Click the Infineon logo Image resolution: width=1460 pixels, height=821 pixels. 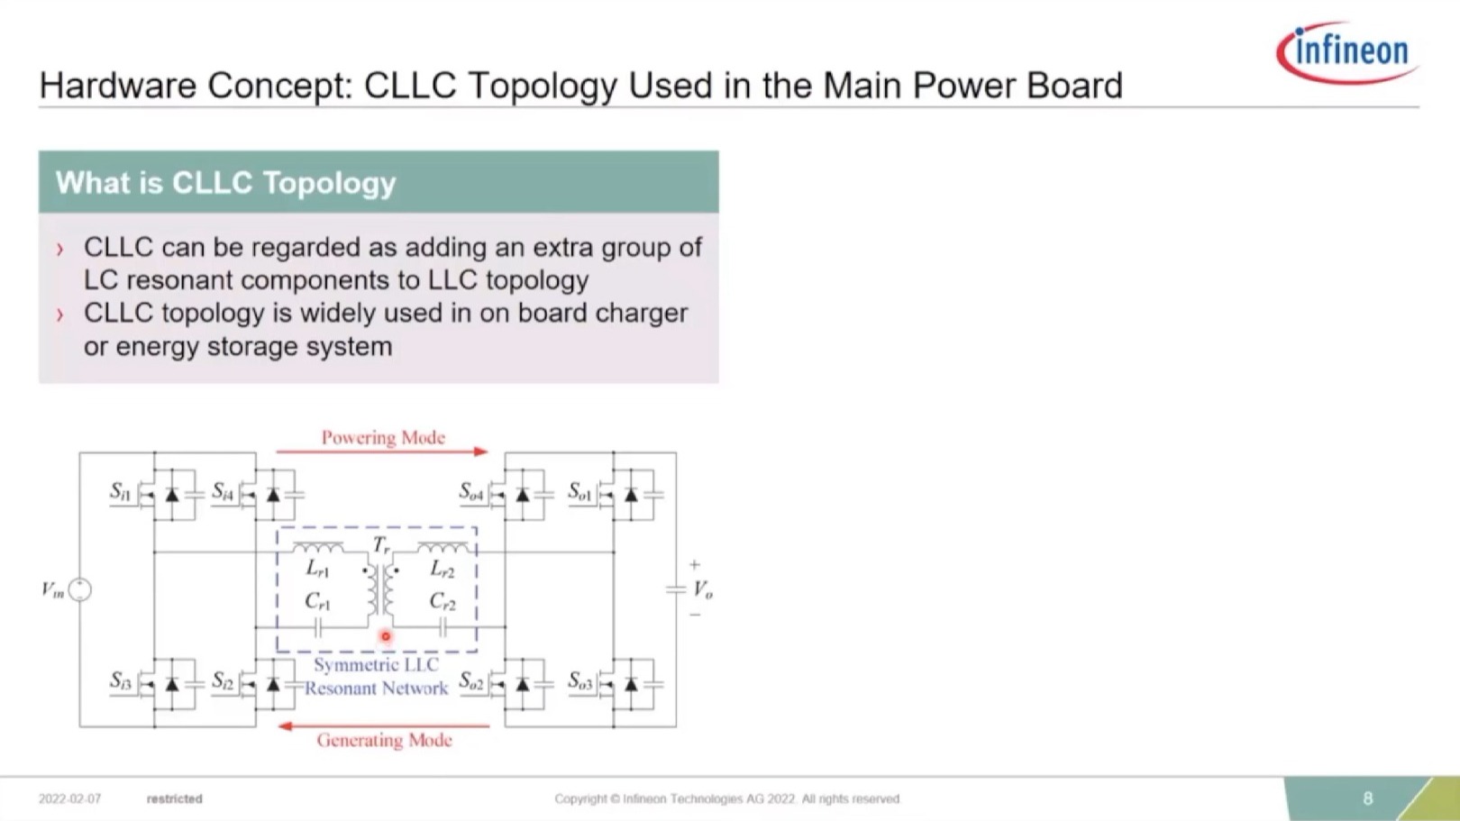click(x=1348, y=52)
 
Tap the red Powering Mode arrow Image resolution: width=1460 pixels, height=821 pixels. click(x=382, y=451)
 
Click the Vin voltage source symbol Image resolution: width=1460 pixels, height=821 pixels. click(x=79, y=589)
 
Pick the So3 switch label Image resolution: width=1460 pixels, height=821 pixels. click(x=580, y=680)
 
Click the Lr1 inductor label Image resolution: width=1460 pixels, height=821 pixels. click(x=317, y=569)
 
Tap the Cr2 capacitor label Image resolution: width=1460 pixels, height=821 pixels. click(x=443, y=601)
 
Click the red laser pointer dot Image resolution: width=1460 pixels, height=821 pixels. click(x=386, y=636)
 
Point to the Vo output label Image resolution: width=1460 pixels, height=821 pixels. click(x=703, y=589)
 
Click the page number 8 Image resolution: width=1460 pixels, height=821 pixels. click(x=1368, y=798)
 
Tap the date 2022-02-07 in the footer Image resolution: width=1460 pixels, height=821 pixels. click(x=69, y=798)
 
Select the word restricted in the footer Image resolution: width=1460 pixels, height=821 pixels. click(x=175, y=798)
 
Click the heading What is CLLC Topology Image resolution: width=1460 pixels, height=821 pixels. click(x=225, y=183)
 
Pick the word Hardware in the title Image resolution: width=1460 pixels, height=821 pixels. click(x=118, y=86)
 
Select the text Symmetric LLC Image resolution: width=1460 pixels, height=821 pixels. click(x=376, y=664)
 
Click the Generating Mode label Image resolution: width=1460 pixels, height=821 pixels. click(x=385, y=740)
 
